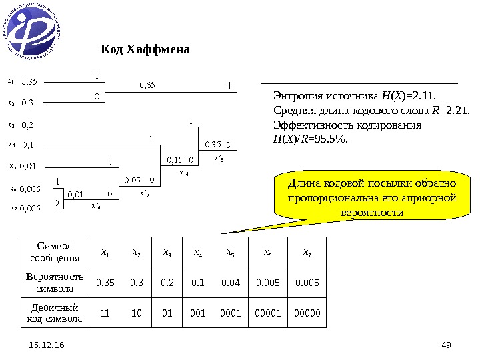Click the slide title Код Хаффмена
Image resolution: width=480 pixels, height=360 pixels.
point(145,50)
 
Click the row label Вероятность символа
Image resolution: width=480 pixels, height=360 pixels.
point(55,283)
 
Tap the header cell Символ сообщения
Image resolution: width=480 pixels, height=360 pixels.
point(55,252)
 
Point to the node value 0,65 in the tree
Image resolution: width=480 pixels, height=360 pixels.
point(147,85)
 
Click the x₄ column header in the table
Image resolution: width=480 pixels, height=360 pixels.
point(199,252)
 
